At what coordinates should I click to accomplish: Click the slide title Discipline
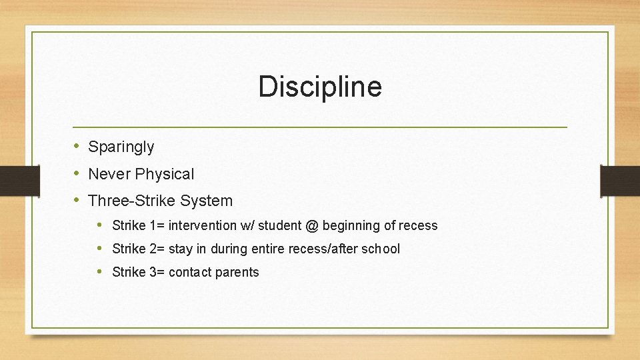tap(320, 87)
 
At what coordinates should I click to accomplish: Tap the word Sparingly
tap(121, 147)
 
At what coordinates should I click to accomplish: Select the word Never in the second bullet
tap(109, 174)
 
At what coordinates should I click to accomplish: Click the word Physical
tap(165, 174)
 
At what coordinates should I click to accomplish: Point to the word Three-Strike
tap(132, 201)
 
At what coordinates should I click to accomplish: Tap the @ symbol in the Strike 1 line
tap(312, 225)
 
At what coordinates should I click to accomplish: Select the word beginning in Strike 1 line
tap(351, 226)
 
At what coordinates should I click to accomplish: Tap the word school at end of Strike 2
tap(381, 249)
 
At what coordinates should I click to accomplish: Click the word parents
tap(237, 272)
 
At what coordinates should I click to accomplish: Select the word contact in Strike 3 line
tap(191, 272)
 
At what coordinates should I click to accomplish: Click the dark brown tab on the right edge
tap(619, 181)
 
